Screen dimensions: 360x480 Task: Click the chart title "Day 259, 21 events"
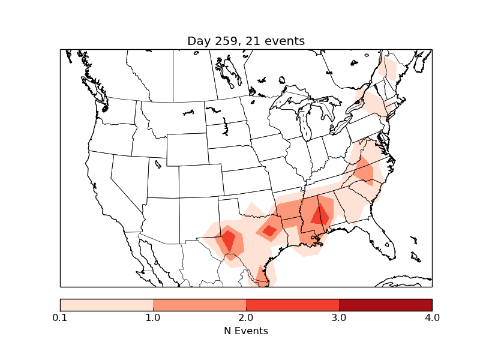pos(246,41)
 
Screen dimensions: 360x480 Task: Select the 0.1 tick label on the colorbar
pos(60,317)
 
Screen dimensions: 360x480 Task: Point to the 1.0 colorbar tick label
pos(153,317)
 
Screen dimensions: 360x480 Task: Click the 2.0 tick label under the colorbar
pos(246,317)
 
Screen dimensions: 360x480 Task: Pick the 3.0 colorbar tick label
pos(339,317)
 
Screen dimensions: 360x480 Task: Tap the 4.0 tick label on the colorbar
pos(432,317)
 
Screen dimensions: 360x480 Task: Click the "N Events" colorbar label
pos(246,331)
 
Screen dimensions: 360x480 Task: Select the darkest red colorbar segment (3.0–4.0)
pos(385,305)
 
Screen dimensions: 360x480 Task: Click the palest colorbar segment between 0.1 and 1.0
pos(107,305)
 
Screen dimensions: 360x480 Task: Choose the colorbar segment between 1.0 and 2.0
pos(199,305)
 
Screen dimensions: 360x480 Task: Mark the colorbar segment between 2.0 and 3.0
pos(292,305)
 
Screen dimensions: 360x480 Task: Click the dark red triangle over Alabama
pos(320,215)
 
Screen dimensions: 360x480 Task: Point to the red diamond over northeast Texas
pos(269,230)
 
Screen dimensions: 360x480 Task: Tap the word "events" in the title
pos(286,41)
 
